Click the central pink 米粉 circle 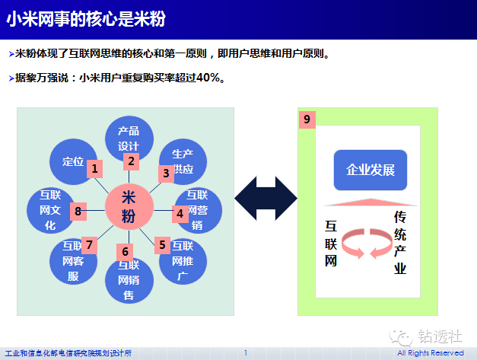point(129,208)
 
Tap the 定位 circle point(72,161)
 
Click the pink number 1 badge point(94,168)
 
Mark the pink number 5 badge point(162,244)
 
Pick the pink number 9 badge point(307,119)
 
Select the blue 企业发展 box point(370,169)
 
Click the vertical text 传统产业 point(400,242)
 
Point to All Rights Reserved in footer point(430,353)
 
